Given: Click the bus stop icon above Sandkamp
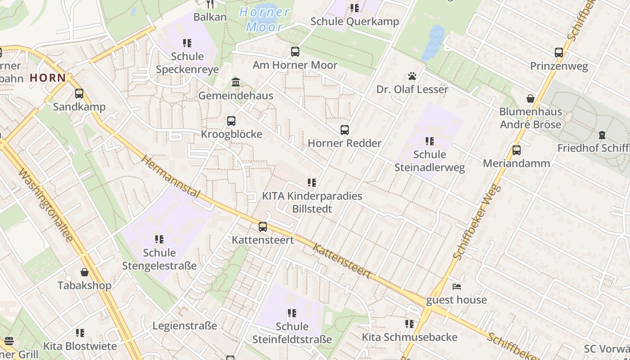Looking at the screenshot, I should [x=79, y=94].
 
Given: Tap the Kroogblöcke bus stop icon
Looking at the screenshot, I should [x=231, y=121].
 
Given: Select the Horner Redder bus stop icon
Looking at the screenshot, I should [x=344, y=130].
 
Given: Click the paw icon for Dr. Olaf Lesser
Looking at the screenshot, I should [x=412, y=76].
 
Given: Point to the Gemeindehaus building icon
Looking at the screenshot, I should [x=235, y=82].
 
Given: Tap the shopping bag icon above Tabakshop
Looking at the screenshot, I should [x=84, y=272].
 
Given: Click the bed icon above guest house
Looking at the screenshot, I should [x=456, y=287].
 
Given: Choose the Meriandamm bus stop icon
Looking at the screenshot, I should [x=516, y=150].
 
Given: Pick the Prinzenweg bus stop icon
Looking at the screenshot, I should [x=558, y=53].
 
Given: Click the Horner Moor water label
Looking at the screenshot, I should [x=265, y=19].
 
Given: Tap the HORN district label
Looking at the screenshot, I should [x=48, y=78].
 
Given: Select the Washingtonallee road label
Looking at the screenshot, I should [x=47, y=205].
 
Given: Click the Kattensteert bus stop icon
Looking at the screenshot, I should [x=263, y=227].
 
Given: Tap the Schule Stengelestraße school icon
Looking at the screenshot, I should [x=159, y=239].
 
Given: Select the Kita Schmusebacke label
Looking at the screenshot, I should [x=409, y=337].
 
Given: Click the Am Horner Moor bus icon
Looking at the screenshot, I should [x=295, y=52].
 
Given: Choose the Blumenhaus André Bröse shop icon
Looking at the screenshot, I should [x=531, y=99].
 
